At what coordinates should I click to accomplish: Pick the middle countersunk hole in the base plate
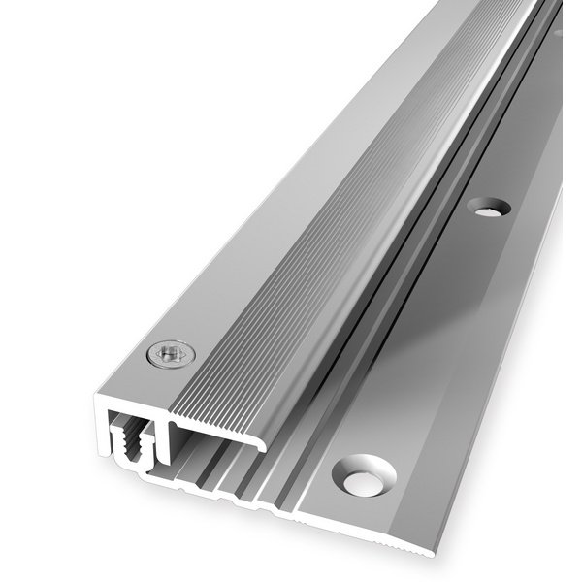(488, 207)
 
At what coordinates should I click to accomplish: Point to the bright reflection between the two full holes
(436, 339)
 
